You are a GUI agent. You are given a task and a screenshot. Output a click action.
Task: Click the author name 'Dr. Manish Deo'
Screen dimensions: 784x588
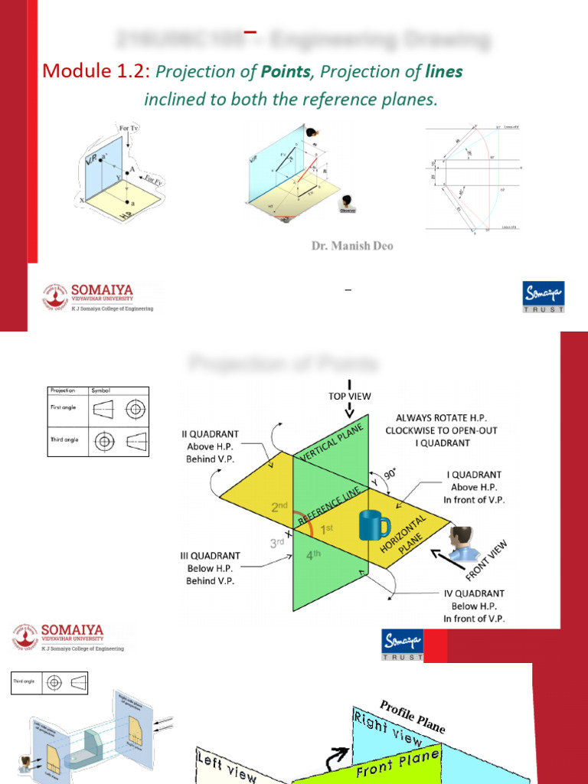tap(351, 247)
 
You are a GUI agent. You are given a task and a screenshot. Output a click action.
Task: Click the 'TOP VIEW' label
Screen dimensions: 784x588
tap(349, 396)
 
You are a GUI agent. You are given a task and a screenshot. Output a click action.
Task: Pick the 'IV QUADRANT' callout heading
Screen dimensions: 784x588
tap(474, 593)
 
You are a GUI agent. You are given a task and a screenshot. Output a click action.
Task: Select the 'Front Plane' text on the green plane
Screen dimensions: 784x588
tap(397, 763)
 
